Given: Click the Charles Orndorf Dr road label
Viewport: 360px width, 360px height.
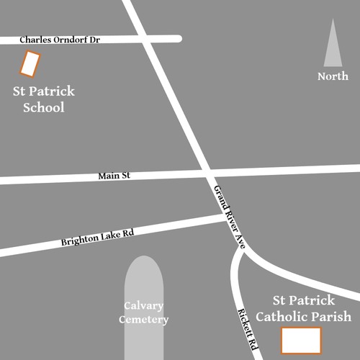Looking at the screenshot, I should point(59,40).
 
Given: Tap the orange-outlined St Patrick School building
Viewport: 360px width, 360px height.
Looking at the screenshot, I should point(29,64).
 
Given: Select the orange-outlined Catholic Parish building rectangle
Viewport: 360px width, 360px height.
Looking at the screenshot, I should point(300,340).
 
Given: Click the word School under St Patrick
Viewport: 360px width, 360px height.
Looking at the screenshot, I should point(44,108).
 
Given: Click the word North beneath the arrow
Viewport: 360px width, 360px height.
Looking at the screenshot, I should point(333,76).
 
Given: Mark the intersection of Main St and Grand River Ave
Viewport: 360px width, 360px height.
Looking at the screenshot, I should point(206,172).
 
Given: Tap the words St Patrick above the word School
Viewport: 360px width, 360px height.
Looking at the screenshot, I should point(44,92).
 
